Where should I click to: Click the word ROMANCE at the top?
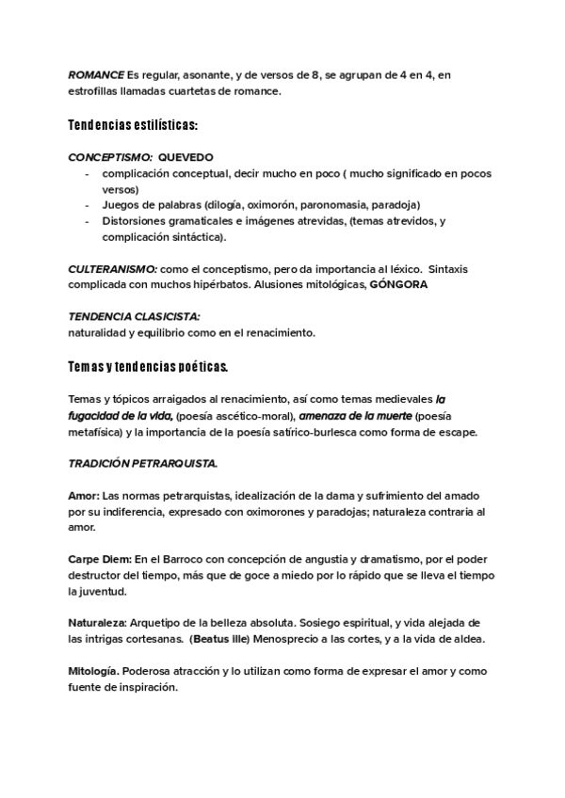97,74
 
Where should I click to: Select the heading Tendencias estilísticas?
132,124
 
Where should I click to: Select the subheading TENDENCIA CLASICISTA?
134,317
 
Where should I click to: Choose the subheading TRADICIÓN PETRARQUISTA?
143,464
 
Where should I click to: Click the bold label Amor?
83,496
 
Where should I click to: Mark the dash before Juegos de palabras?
87,204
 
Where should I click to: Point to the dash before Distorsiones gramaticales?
87,221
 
